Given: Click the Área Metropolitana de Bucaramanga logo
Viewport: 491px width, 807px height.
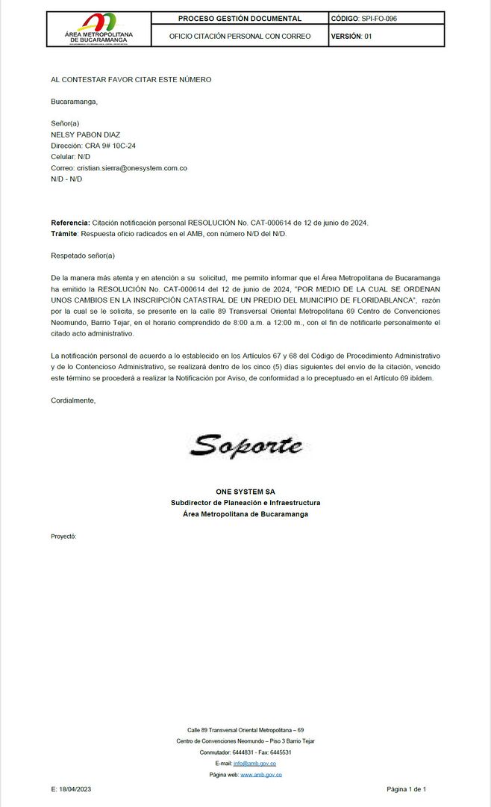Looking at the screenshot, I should click(98, 28).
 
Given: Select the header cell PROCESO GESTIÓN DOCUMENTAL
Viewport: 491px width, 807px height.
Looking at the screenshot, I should click(240, 19).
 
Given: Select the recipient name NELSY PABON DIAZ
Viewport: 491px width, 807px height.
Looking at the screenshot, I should click(85, 134).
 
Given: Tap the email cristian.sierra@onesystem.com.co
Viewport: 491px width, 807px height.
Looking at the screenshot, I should click(131, 168).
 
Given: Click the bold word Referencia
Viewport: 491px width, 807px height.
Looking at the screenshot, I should click(69, 223).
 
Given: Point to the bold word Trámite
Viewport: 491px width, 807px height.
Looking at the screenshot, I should click(64, 234).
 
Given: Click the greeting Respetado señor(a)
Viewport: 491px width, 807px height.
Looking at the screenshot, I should click(83, 256).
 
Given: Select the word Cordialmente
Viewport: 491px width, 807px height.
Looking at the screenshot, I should click(73, 401).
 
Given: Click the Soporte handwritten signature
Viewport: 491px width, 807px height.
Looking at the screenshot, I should click(245, 445).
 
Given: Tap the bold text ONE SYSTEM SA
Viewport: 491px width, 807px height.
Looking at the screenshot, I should click(245, 492).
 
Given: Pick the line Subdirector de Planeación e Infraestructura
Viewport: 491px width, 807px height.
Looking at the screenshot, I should click(245, 503).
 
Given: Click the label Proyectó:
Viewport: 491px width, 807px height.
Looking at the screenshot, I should click(63, 537).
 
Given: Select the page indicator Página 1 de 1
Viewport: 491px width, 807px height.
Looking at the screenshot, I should click(406, 789).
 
